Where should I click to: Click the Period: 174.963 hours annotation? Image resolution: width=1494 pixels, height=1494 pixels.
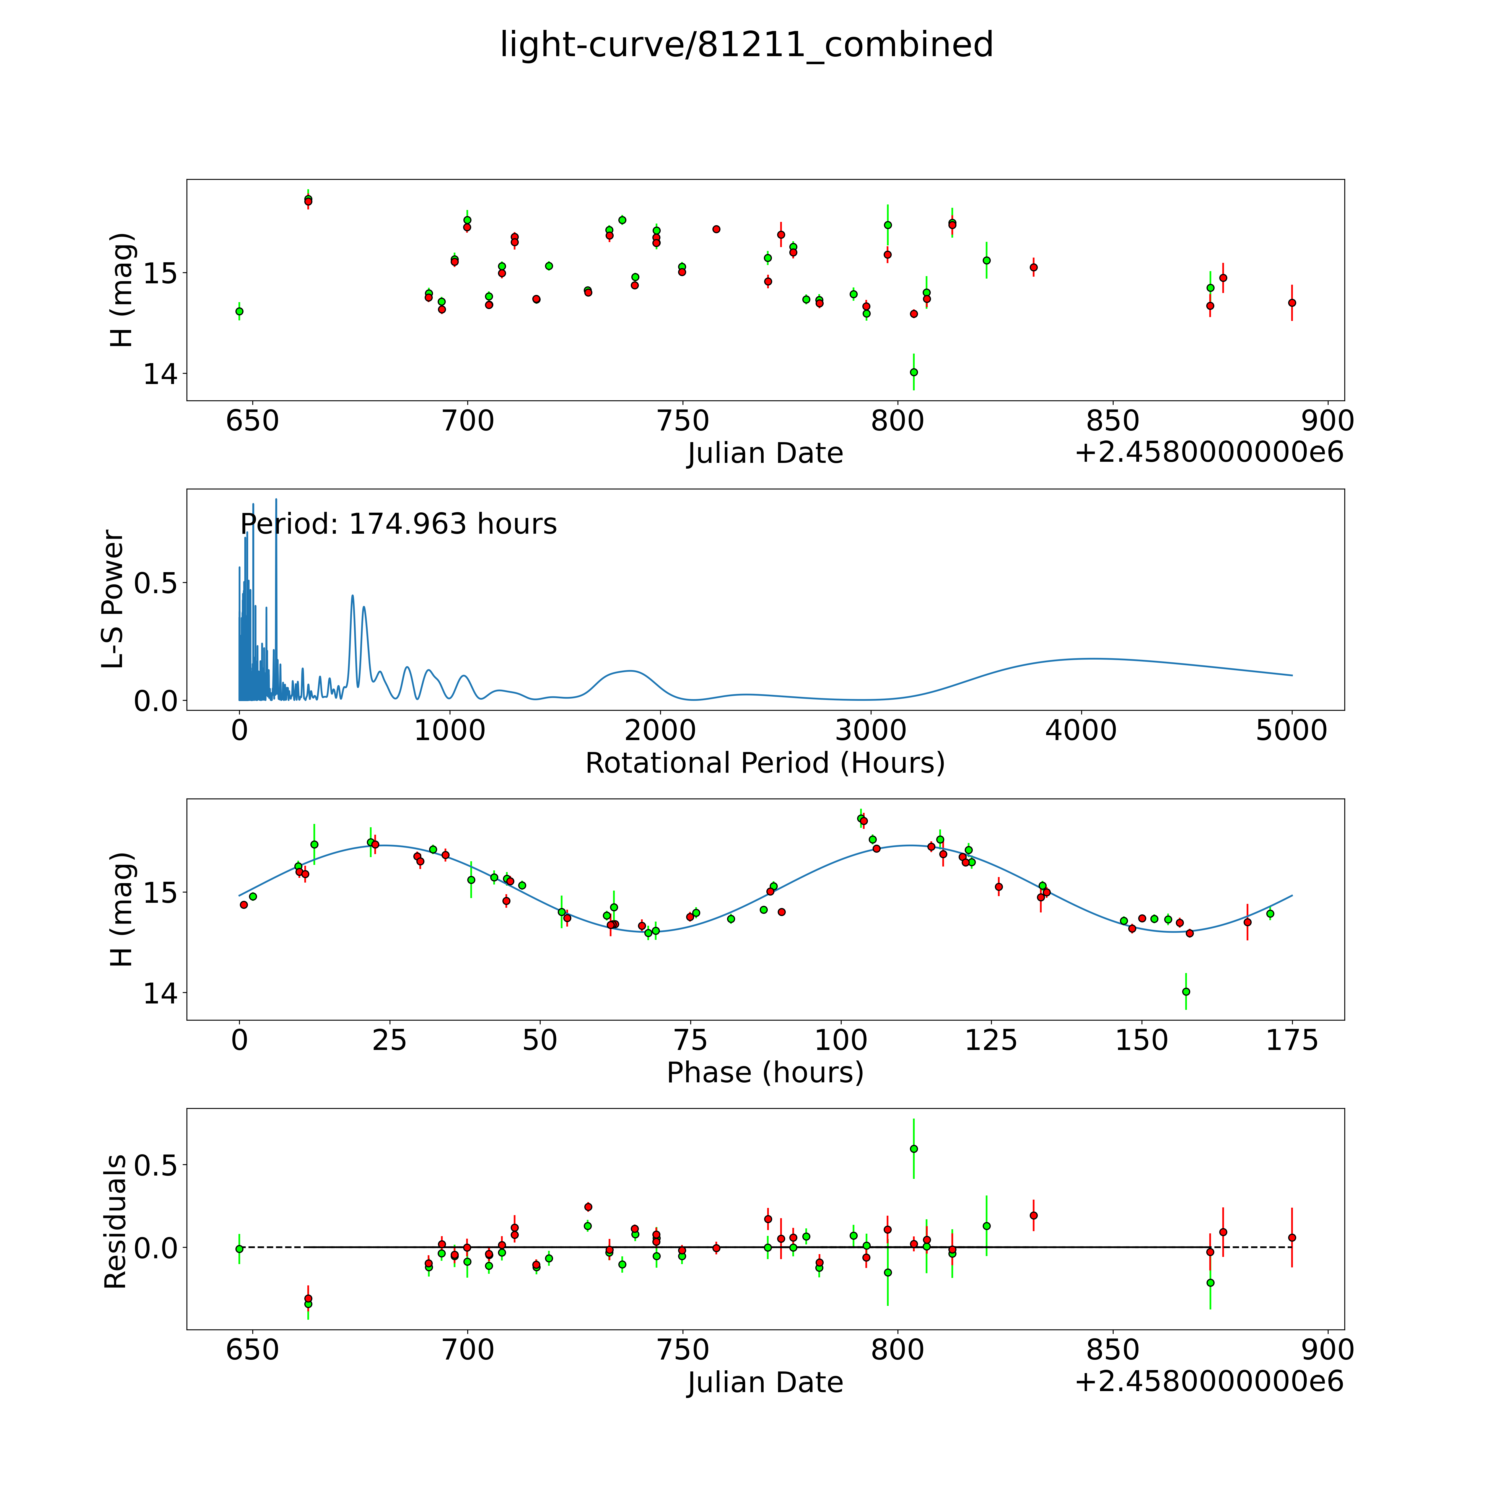398,524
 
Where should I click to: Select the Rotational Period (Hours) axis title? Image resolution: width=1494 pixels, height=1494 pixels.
765,763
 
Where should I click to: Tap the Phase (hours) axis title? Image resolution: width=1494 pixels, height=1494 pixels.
765,1073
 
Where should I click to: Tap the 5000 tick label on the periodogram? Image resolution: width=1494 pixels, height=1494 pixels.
1291,731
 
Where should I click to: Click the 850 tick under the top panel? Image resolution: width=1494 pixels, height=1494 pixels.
1112,421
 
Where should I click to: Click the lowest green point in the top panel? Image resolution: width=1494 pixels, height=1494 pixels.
913,372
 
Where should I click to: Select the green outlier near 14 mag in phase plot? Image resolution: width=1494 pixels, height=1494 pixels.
1186,991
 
